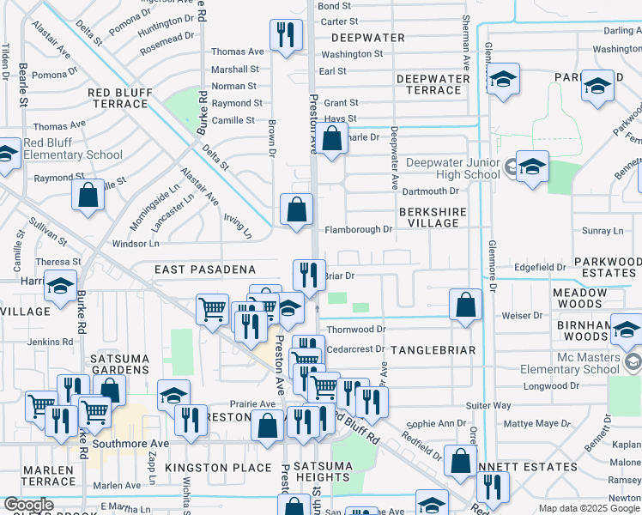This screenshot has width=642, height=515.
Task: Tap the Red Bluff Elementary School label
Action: tap(72, 148)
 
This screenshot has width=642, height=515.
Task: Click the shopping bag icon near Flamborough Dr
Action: tap(296, 209)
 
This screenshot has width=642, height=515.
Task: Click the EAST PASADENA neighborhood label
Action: tap(205, 270)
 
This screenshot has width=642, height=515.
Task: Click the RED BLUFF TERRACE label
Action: tap(118, 98)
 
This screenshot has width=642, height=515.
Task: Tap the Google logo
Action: tap(28, 506)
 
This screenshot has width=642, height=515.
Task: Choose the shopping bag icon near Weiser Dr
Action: tap(464, 305)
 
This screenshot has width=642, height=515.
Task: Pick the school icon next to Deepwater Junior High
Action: tap(531, 167)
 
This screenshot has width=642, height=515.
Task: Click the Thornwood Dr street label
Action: tap(356, 329)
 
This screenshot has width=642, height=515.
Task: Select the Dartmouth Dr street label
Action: tap(431, 191)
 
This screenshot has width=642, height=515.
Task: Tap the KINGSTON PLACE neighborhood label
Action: tap(206, 468)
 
